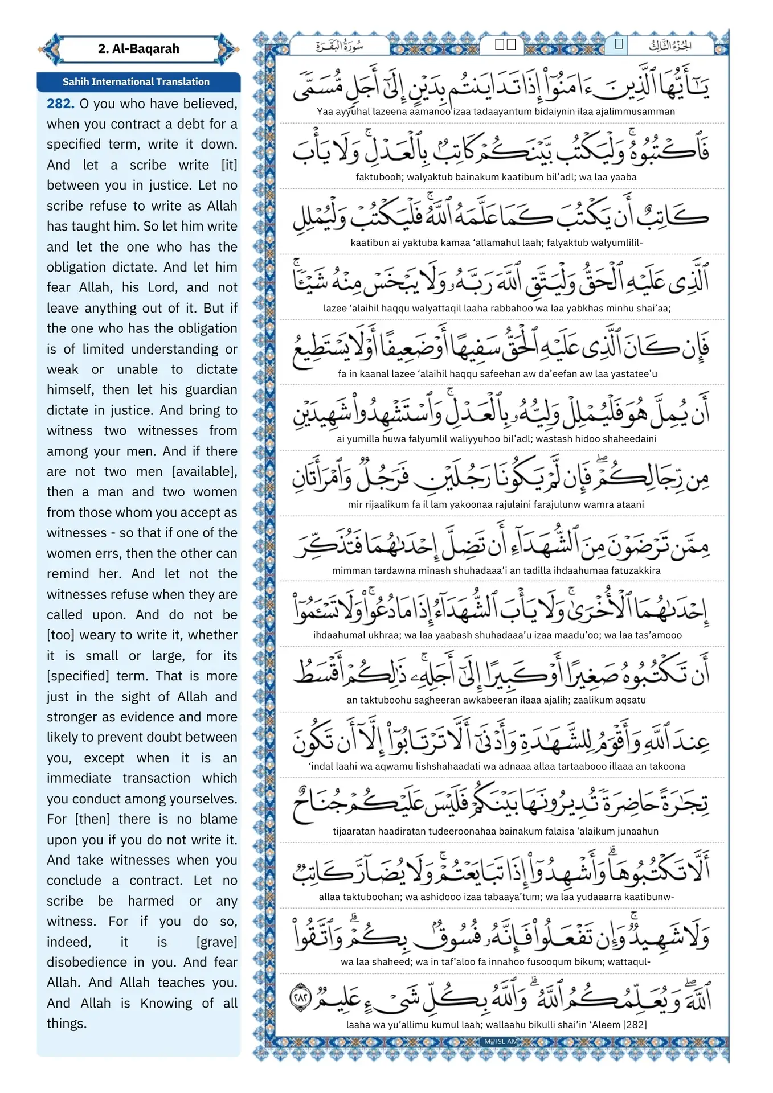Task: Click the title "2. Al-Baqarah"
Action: (x=138, y=49)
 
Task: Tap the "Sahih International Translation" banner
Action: (x=136, y=82)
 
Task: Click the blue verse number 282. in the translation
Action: (x=60, y=104)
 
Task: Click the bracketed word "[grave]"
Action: (x=216, y=942)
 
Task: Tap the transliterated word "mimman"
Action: (x=349, y=570)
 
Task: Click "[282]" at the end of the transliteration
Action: (x=635, y=1025)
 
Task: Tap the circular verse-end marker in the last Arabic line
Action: (x=300, y=999)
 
